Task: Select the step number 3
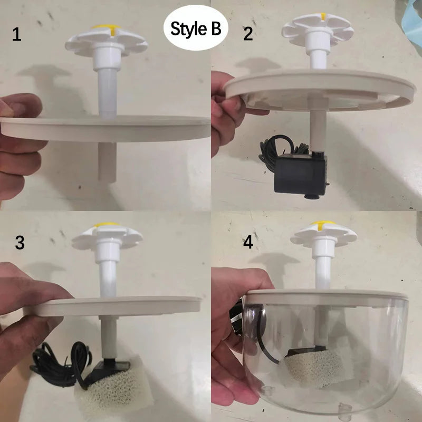click(20, 243)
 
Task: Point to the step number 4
click(248, 243)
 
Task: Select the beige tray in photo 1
click(105, 128)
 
